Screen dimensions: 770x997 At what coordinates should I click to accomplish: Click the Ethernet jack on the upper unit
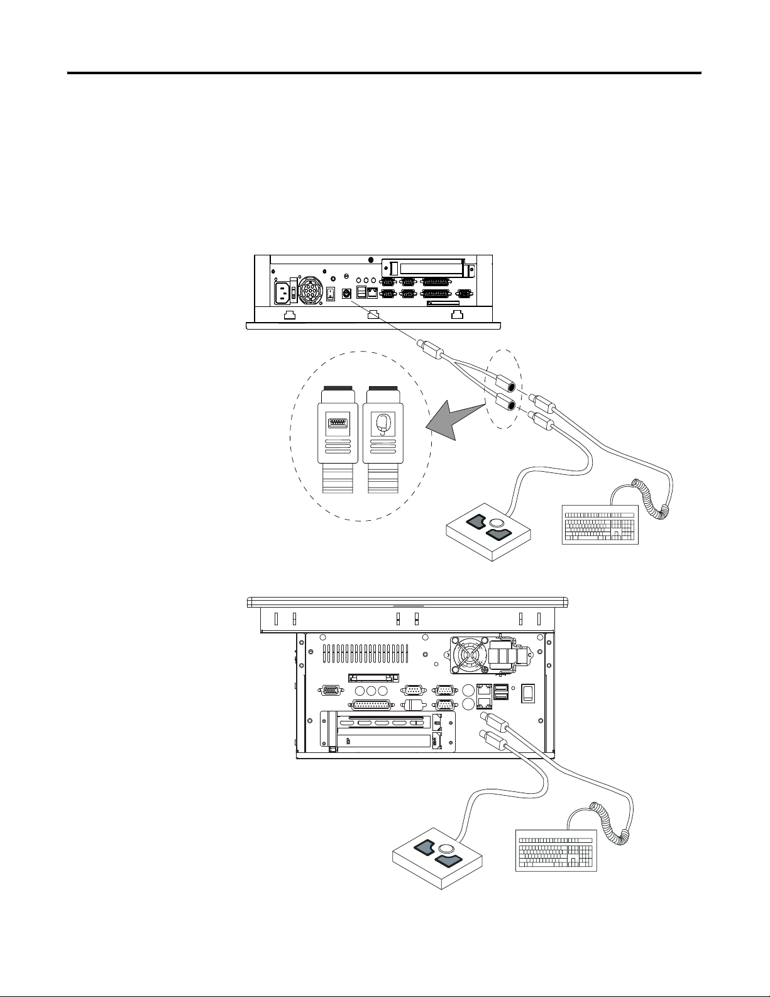(x=372, y=292)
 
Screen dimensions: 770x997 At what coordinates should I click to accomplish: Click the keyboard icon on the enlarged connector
(x=337, y=423)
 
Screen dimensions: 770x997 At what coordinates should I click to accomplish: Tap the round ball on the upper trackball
(x=497, y=522)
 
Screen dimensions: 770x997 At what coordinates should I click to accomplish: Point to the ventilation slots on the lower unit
(x=365, y=653)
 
